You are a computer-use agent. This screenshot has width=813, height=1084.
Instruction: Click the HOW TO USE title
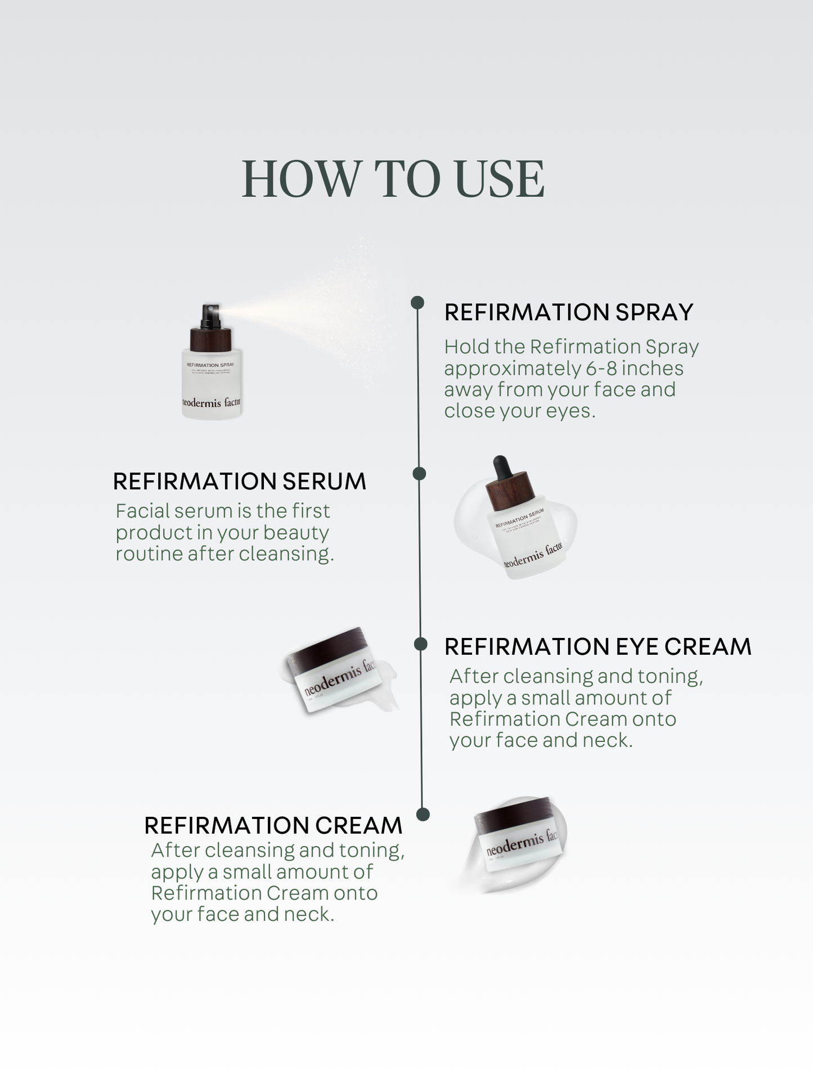pos(393,179)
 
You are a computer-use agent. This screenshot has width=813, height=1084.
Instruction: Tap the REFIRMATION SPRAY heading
pos(568,313)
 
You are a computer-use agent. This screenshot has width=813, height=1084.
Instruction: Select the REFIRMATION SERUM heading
pos(239,482)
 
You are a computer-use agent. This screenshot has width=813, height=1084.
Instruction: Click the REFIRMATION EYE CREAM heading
pos(598,647)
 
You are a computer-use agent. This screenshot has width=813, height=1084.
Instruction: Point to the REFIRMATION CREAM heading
pos(273,826)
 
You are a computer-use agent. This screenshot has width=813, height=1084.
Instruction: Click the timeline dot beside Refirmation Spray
pos(417,303)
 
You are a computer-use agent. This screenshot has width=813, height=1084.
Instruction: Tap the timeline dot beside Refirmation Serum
pos(419,474)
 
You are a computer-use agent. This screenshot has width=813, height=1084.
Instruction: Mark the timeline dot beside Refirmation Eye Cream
pos(421,644)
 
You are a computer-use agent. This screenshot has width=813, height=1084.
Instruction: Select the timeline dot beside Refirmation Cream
pos(423,815)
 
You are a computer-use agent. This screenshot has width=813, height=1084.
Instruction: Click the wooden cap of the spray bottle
pos(211,339)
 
